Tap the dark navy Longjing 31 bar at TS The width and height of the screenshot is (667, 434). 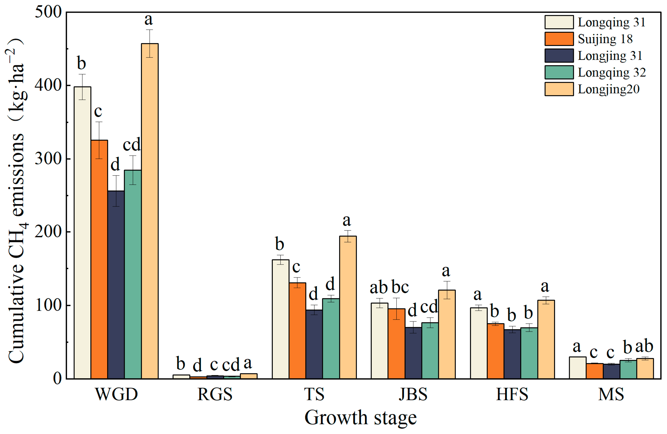tap(314, 344)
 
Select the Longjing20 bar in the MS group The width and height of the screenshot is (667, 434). tap(645, 369)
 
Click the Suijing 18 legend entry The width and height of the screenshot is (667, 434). tap(605, 39)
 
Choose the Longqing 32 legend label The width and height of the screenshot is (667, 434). tap(611, 72)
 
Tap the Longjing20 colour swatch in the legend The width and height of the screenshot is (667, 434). tap(559, 89)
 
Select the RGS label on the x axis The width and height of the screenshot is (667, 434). tap(215, 395)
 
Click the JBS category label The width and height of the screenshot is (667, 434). tap(413, 395)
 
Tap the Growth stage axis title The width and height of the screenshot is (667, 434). tap(360, 418)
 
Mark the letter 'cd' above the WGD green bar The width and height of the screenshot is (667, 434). tap(132, 145)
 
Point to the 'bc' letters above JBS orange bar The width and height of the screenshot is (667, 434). tap(400, 287)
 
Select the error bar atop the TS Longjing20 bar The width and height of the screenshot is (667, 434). tap(348, 236)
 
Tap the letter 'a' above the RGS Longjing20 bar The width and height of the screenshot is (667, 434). tap(247, 363)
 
